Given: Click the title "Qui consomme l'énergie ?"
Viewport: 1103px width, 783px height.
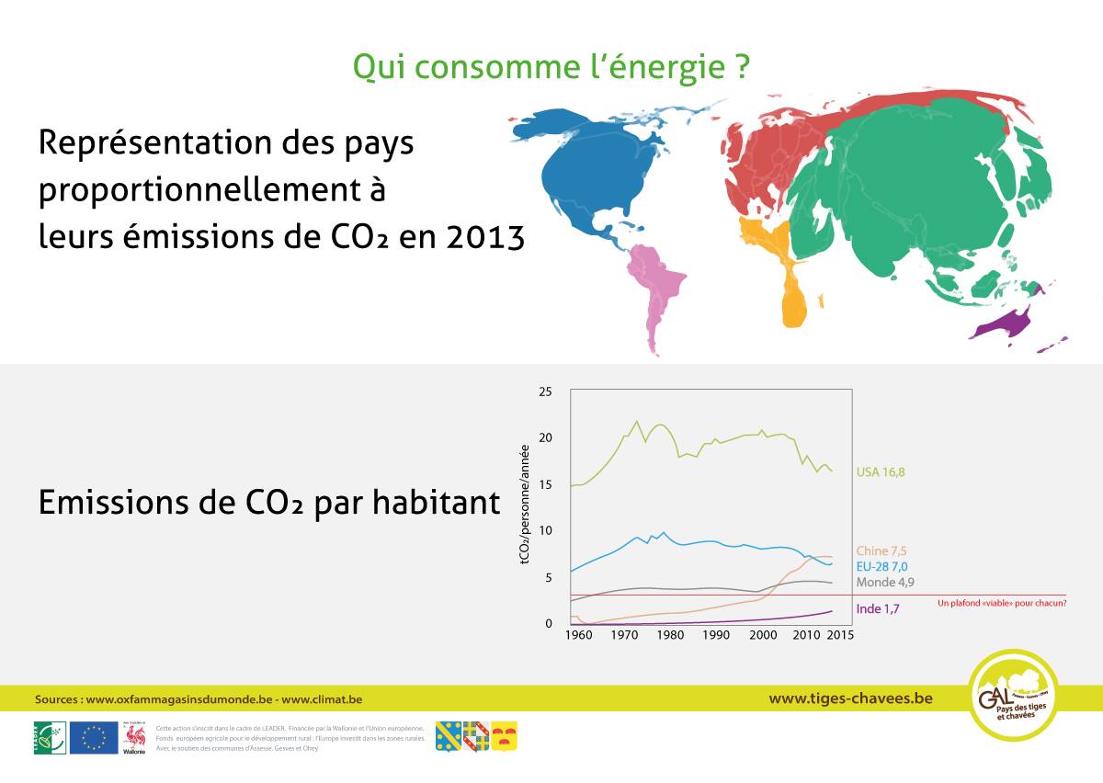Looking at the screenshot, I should coord(551,66).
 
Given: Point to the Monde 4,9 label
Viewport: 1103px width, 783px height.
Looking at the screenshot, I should coord(884,583).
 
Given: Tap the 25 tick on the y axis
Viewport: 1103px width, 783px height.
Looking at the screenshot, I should coord(545,392).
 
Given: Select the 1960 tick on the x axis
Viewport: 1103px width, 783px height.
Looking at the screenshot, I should coord(578,635).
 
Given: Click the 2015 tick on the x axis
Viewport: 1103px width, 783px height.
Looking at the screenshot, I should coord(840,635).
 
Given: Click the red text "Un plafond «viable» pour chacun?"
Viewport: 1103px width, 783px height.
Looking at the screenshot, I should coord(1002,604).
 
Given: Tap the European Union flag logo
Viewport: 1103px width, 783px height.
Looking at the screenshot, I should coord(94,737).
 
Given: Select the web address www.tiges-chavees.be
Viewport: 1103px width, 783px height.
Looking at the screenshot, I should coord(850,698).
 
